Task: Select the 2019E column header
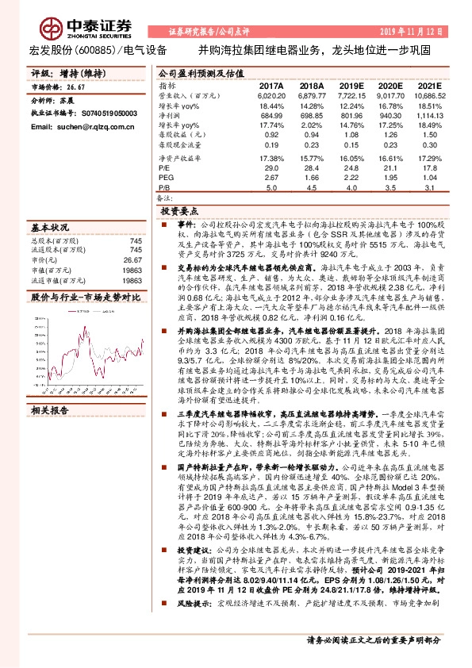(351, 85)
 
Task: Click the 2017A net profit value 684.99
(271, 116)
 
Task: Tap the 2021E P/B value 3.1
(429, 189)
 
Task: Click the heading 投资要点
(178, 213)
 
